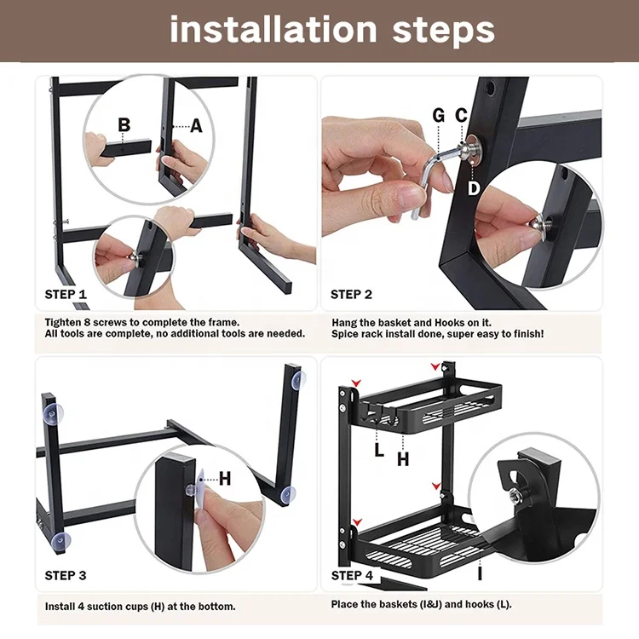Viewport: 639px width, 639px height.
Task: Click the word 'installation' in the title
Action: [273, 29]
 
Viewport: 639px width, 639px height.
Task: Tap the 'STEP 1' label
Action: [66, 294]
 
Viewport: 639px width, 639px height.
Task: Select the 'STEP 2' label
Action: [351, 294]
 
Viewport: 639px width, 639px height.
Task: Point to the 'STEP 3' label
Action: [66, 575]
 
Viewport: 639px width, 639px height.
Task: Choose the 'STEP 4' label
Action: [352, 575]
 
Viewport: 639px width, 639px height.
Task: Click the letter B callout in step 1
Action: [124, 124]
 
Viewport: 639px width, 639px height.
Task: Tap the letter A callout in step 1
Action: [197, 126]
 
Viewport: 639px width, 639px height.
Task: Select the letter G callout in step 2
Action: [439, 115]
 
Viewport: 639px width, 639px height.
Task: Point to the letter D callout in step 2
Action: [474, 188]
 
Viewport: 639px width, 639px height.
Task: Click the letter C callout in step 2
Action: [461, 115]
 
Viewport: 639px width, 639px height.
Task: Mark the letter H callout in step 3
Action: [225, 479]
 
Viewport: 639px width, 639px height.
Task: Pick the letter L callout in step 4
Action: [379, 451]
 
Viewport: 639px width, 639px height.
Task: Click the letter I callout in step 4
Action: [480, 573]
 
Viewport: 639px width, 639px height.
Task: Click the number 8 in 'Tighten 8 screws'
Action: [87, 322]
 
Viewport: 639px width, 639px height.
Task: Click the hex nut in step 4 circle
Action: [515, 496]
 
